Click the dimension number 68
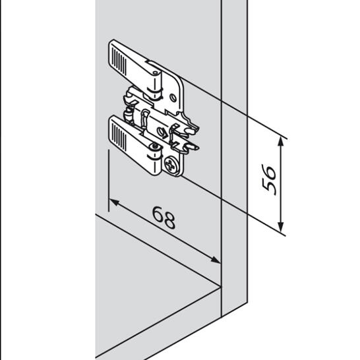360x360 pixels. (164, 217)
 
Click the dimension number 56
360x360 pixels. (268, 180)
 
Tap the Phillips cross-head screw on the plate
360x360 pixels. (171, 164)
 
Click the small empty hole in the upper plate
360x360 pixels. (173, 98)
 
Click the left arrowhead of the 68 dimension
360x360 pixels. (114, 202)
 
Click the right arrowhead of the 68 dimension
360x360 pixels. (216, 260)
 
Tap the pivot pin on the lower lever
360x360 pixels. (155, 146)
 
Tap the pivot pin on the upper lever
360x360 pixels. (156, 73)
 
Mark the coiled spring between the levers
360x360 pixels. (129, 114)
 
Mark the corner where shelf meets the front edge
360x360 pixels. (221, 287)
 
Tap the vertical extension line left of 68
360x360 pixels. (109, 181)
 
